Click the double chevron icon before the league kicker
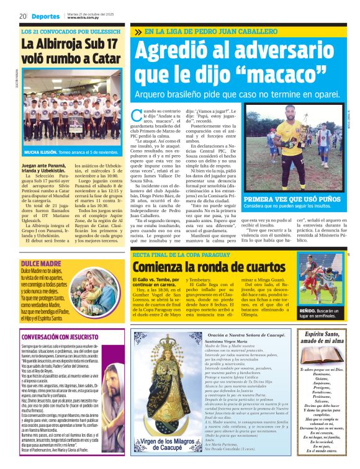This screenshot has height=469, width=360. point(138,32)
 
